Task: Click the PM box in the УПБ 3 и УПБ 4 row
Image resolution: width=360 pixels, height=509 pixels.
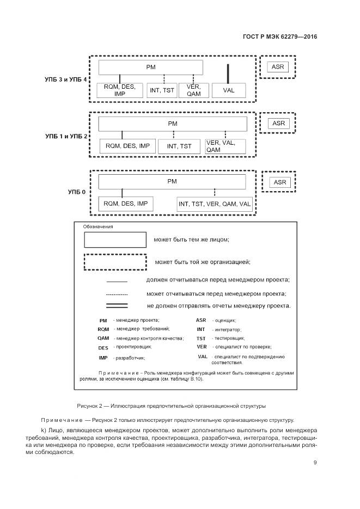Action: pyautogui.click(x=151, y=67)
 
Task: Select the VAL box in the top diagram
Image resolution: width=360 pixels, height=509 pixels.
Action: pyautogui.click(x=228, y=90)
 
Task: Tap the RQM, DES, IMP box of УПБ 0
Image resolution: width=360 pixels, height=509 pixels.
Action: pyautogui.click(x=126, y=204)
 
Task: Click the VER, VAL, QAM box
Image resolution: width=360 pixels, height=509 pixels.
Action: pyautogui.click(x=224, y=146)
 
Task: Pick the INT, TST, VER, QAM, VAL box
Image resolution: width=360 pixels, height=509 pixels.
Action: pyautogui.click(x=215, y=204)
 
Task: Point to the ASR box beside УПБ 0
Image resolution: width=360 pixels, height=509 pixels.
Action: pyautogui.click(x=279, y=182)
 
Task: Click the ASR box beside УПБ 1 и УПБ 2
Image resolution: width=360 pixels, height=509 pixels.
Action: pyautogui.click(x=278, y=124)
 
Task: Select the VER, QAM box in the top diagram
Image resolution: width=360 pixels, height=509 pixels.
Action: pyautogui.click(x=193, y=90)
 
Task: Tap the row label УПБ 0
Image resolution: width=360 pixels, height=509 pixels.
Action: pyautogui.click(x=76, y=192)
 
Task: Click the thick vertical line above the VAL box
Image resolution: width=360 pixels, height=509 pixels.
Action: pyautogui.click(x=228, y=73)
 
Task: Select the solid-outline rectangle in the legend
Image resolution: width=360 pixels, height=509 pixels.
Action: pyautogui.click(x=115, y=240)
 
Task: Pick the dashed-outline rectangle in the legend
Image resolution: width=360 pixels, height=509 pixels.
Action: pyautogui.click(x=115, y=262)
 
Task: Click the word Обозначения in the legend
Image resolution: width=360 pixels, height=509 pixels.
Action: pyautogui.click(x=98, y=226)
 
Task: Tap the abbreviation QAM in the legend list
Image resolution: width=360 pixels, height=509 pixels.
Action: pyautogui.click(x=103, y=338)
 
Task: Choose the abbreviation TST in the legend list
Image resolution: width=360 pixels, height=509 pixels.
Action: pyautogui.click(x=201, y=338)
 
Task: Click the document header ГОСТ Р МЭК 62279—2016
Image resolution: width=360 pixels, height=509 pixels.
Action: pyautogui.click(x=280, y=37)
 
